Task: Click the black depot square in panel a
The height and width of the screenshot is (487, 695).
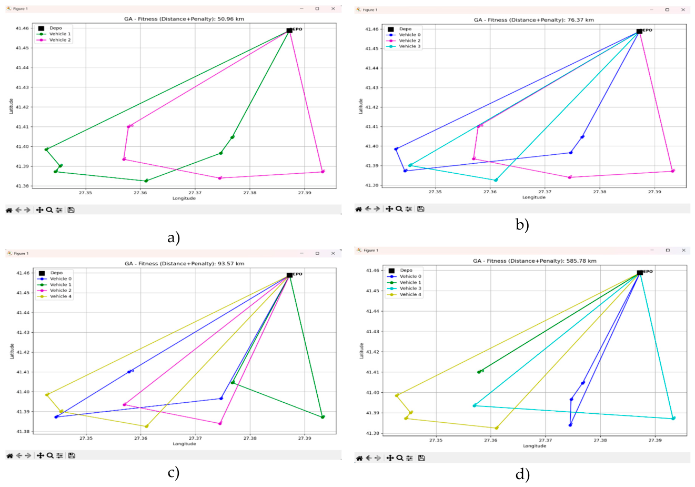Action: point(289,31)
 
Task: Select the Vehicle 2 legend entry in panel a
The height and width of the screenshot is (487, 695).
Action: point(60,40)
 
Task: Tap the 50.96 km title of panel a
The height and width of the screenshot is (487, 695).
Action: point(184,19)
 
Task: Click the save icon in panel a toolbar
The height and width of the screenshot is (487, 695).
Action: point(71,210)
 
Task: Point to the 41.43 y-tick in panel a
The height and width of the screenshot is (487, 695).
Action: point(22,87)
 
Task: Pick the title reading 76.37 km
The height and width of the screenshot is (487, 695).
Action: point(533,20)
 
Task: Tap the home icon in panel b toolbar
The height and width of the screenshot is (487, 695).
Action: point(359,209)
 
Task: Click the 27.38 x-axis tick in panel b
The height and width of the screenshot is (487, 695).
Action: point(600,192)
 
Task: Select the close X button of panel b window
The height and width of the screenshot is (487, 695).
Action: point(683,9)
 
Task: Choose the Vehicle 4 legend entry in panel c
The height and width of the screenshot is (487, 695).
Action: point(61,296)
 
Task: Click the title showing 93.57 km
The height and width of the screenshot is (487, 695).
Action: point(184,264)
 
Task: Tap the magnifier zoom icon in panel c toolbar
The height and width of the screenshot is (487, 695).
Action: point(50,455)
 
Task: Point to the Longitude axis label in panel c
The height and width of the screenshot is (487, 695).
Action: point(184,444)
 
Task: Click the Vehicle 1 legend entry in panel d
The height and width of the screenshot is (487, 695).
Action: point(410,283)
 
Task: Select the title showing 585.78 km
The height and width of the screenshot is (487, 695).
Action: point(535,261)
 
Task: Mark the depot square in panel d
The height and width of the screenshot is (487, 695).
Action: point(640,273)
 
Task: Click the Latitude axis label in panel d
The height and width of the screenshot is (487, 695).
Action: point(361,351)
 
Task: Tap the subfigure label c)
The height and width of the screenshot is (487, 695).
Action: point(174,472)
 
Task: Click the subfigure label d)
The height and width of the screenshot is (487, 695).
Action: point(522,474)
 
